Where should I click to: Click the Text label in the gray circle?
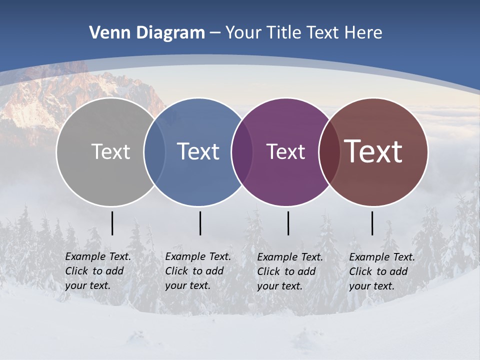click(110, 151)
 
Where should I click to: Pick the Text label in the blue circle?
click(198, 151)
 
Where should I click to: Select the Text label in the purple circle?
click(285, 151)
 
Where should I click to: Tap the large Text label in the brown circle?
click(373, 151)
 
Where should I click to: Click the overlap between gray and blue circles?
click(154, 151)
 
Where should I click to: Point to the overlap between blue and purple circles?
click(242, 151)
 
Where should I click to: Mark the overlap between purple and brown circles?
click(329, 151)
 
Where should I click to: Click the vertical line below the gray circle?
click(112, 223)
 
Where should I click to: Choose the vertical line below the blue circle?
click(200, 223)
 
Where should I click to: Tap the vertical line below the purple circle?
click(288, 223)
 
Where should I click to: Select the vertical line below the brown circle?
click(372, 223)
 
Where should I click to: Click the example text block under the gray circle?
click(98, 271)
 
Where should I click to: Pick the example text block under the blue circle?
click(198, 271)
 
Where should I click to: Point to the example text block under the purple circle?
click(290, 271)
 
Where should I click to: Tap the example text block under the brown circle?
click(382, 271)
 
